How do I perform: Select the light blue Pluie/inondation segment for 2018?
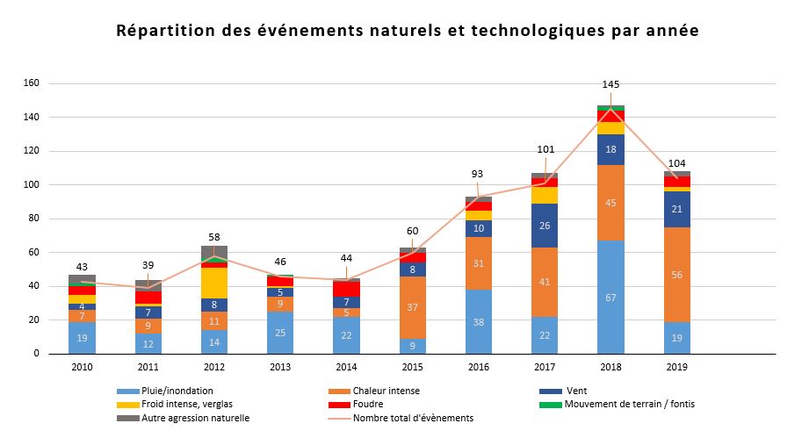tap(610, 297)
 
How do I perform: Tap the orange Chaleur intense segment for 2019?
tap(676, 274)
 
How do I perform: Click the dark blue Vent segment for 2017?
tap(545, 226)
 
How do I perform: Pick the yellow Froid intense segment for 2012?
tap(214, 283)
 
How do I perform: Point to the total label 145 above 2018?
tap(610, 84)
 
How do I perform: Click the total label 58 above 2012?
tap(214, 238)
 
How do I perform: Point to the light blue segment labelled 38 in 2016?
tap(479, 321)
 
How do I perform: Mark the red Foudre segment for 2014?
tap(346, 288)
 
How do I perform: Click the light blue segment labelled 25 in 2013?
tap(280, 333)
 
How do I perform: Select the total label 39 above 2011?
tap(148, 265)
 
